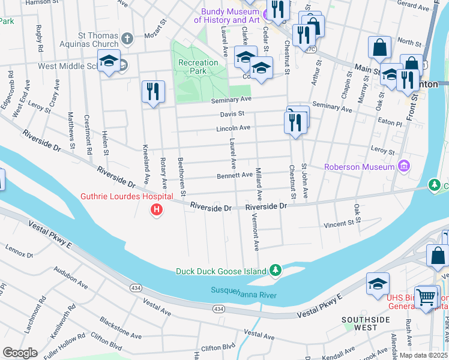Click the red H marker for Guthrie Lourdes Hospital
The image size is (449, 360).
[157, 209]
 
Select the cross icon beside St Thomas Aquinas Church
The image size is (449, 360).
[127, 39]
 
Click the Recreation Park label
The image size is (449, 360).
[198, 67]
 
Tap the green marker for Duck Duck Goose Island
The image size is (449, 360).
[276, 271]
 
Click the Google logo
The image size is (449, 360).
[20, 353]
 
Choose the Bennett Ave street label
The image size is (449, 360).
[235, 175]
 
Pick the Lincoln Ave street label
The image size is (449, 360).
[234, 128]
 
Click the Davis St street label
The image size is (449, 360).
[232, 113]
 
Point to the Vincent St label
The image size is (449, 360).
[339, 224]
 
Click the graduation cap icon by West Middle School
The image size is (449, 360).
[109, 62]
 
